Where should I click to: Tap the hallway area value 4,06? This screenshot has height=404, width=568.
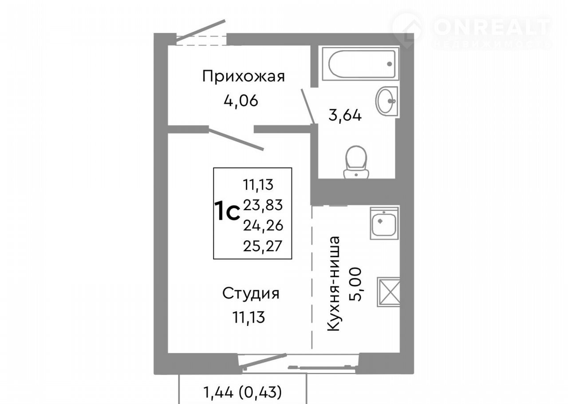241,101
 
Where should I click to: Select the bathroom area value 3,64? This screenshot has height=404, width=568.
345,116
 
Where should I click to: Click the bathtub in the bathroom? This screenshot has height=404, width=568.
360,63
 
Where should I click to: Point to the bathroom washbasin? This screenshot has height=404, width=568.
387,102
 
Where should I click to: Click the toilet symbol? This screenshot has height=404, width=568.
356,162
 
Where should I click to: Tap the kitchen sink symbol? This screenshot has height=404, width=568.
384,223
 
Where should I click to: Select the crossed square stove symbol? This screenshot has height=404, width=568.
388,292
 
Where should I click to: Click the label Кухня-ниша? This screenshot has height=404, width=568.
333,284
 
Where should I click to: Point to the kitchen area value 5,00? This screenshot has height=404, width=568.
355,284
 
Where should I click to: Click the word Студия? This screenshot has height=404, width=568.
251,293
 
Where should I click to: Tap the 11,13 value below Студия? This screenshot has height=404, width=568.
249,317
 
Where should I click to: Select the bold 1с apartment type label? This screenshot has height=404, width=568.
227,210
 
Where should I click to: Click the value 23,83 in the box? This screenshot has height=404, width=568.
263,205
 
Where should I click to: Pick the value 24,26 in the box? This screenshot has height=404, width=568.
263,226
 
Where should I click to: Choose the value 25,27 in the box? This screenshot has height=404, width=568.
263,246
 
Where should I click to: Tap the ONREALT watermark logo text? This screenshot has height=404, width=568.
492,27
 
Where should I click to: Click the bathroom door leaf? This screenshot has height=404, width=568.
308,107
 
